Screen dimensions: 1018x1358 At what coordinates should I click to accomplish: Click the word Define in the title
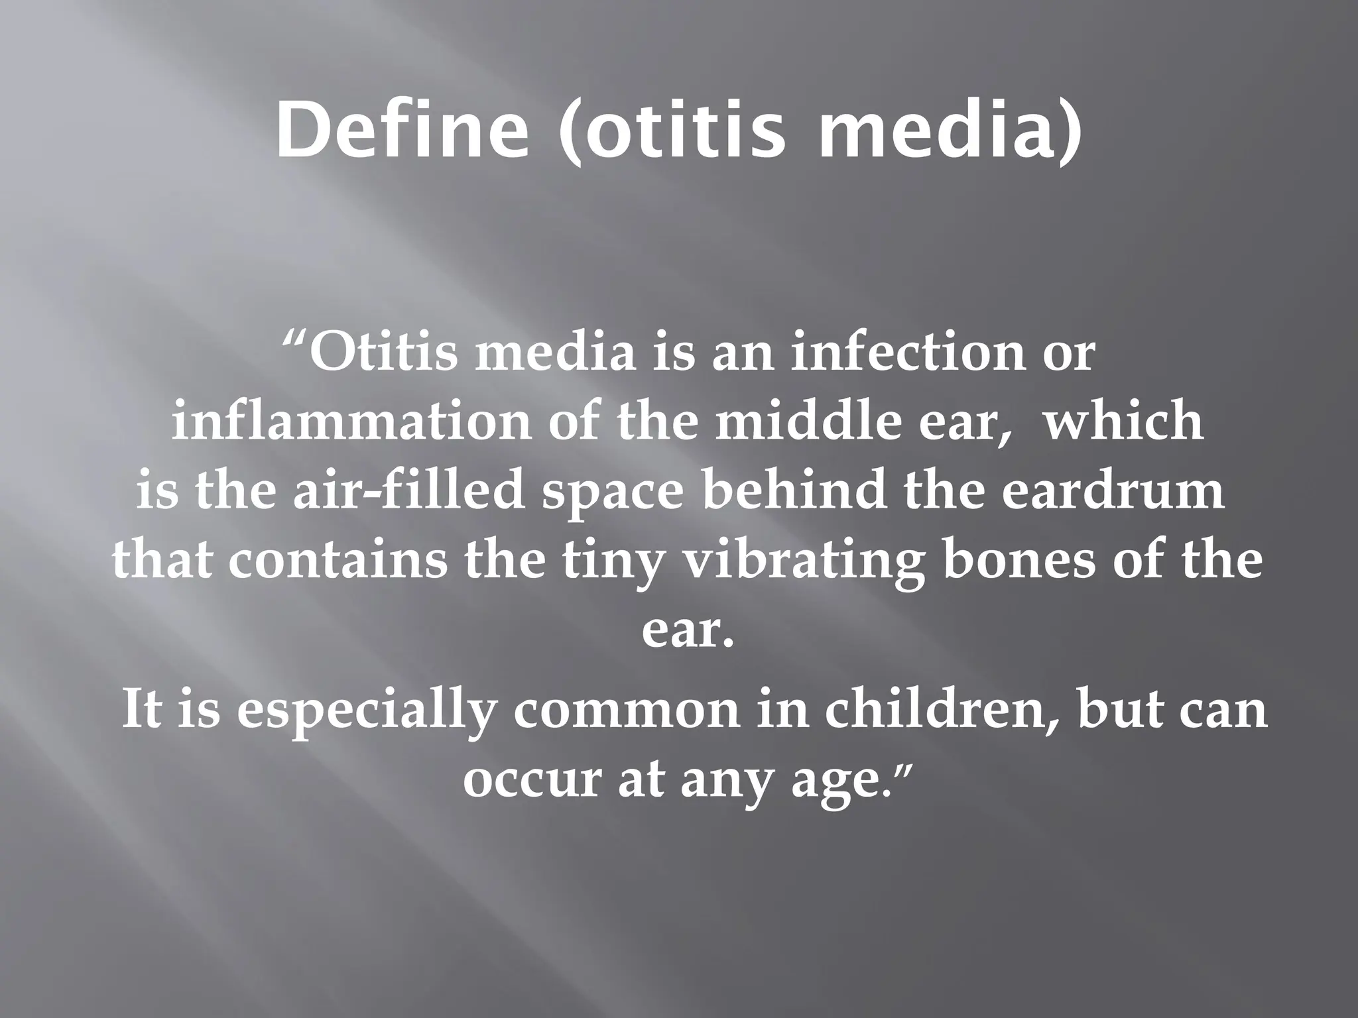(402, 131)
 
